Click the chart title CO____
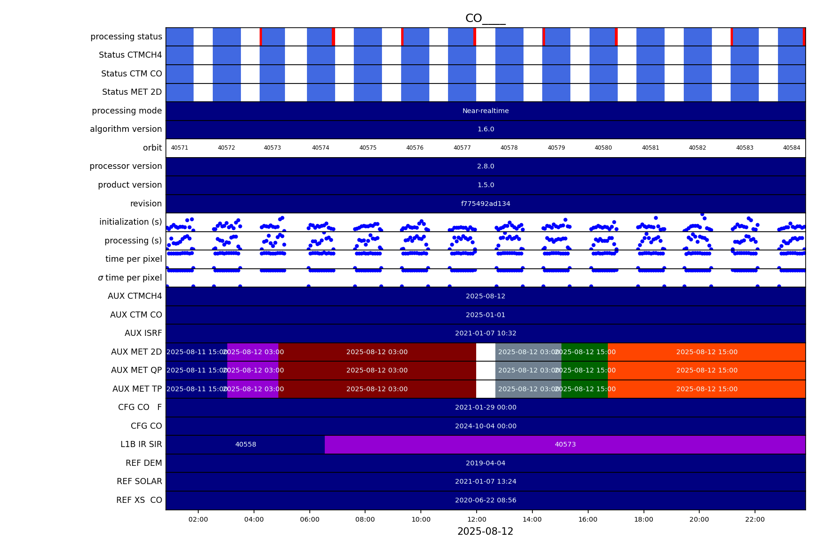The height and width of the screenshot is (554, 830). click(x=485, y=19)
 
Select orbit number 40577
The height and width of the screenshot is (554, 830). click(x=462, y=148)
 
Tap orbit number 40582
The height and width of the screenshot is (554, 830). click(x=697, y=148)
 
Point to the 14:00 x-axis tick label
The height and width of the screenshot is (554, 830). click(x=532, y=519)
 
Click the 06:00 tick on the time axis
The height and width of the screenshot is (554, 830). click(x=309, y=519)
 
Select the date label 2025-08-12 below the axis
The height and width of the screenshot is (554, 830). click(x=485, y=531)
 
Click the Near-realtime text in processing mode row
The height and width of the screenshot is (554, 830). click(x=486, y=111)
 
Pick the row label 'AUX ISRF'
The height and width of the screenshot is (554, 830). click(x=143, y=333)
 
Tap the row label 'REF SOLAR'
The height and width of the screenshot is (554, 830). click(x=139, y=481)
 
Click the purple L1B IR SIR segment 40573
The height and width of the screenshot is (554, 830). click(x=565, y=444)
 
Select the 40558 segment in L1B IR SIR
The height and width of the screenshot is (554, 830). click(x=246, y=444)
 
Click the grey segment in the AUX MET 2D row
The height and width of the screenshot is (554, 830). click(x=528, y=352)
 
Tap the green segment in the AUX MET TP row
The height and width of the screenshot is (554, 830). click(x=584, y=389)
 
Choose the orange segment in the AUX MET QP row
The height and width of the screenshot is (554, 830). click(x=707, y=370)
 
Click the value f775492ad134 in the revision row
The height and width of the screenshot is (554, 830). click(x=486, y=204)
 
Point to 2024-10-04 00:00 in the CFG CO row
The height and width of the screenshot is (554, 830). click(x=486, y=426)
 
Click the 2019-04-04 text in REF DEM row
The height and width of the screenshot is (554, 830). click(x=486, y=463)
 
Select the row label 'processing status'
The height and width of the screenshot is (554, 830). click(x=126, y=37)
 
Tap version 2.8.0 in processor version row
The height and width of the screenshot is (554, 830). click(x=486, y=167)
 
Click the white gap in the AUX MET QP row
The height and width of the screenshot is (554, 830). click(x=486, y=370)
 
